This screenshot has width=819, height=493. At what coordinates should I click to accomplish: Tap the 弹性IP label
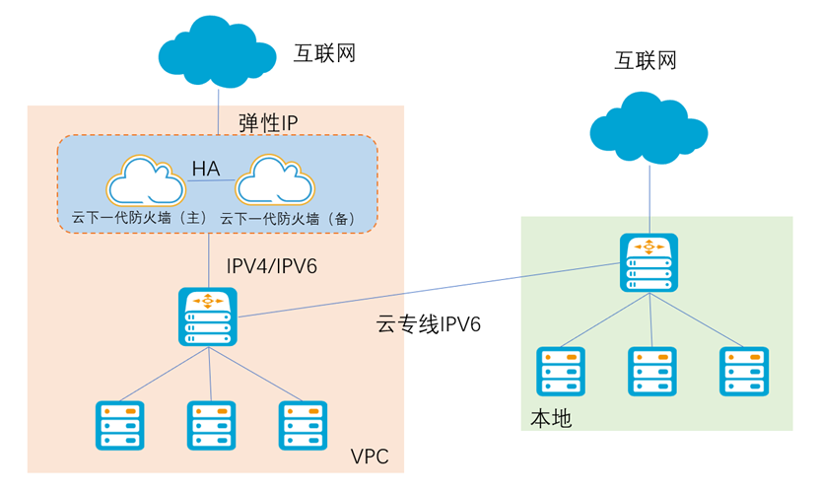pos(268,122)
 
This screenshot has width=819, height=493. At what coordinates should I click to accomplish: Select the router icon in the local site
pos(648,262)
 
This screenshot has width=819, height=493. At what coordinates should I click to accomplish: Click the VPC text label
pos(370,457)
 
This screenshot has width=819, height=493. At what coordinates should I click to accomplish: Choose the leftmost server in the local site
pos(561,372)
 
